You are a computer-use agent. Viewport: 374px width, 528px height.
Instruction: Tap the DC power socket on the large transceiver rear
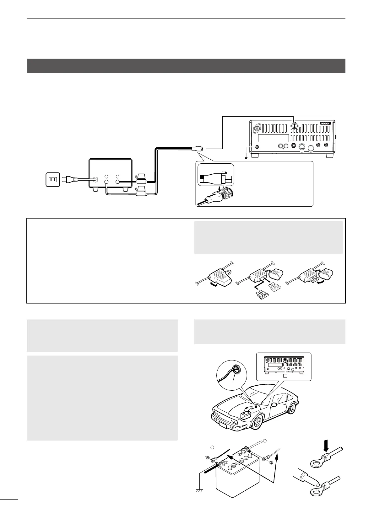(294, 126)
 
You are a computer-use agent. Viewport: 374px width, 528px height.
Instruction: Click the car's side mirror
(274, 404)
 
